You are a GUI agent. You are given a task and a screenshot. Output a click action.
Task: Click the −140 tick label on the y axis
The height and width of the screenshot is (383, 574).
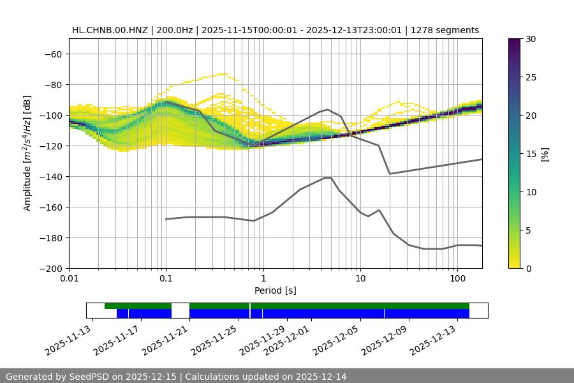pyautogui.click(x=51, y=176)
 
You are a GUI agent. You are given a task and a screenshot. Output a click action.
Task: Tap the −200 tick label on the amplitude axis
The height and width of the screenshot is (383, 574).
pyautogui.click(x=51, y=268)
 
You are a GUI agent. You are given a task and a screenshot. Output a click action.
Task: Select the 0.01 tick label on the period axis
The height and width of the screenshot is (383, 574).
pyautogui.click(x=69, y=279)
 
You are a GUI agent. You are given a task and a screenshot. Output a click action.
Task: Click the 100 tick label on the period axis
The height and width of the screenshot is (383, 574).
pyautogui.click(x=457, y=279)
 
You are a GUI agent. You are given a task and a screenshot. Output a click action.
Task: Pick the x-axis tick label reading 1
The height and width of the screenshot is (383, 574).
pyautogui.click(x=263, y=279)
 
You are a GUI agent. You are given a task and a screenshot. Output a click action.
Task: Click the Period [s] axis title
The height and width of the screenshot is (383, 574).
pyautogui.click(x=275, y=290)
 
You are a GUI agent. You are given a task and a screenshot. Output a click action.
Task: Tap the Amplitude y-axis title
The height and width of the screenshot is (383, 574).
pyautogui.click(x=27, y=153)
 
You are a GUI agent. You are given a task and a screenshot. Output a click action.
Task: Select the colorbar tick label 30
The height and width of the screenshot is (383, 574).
pyautogui.click(x=531, y=39)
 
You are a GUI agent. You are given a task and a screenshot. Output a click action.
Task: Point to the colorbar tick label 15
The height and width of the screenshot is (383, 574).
pyautogui.click(x=531, y=154)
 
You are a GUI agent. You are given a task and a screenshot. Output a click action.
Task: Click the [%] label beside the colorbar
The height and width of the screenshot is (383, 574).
pyautogui.click(x=544, y=154)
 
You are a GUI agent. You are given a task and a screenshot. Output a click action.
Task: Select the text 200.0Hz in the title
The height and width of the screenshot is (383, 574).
pyautogui.click(x=173, y=30)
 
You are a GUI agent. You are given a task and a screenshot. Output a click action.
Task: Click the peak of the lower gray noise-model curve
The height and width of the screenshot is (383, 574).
pyautogui.click(x=328, y=177)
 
